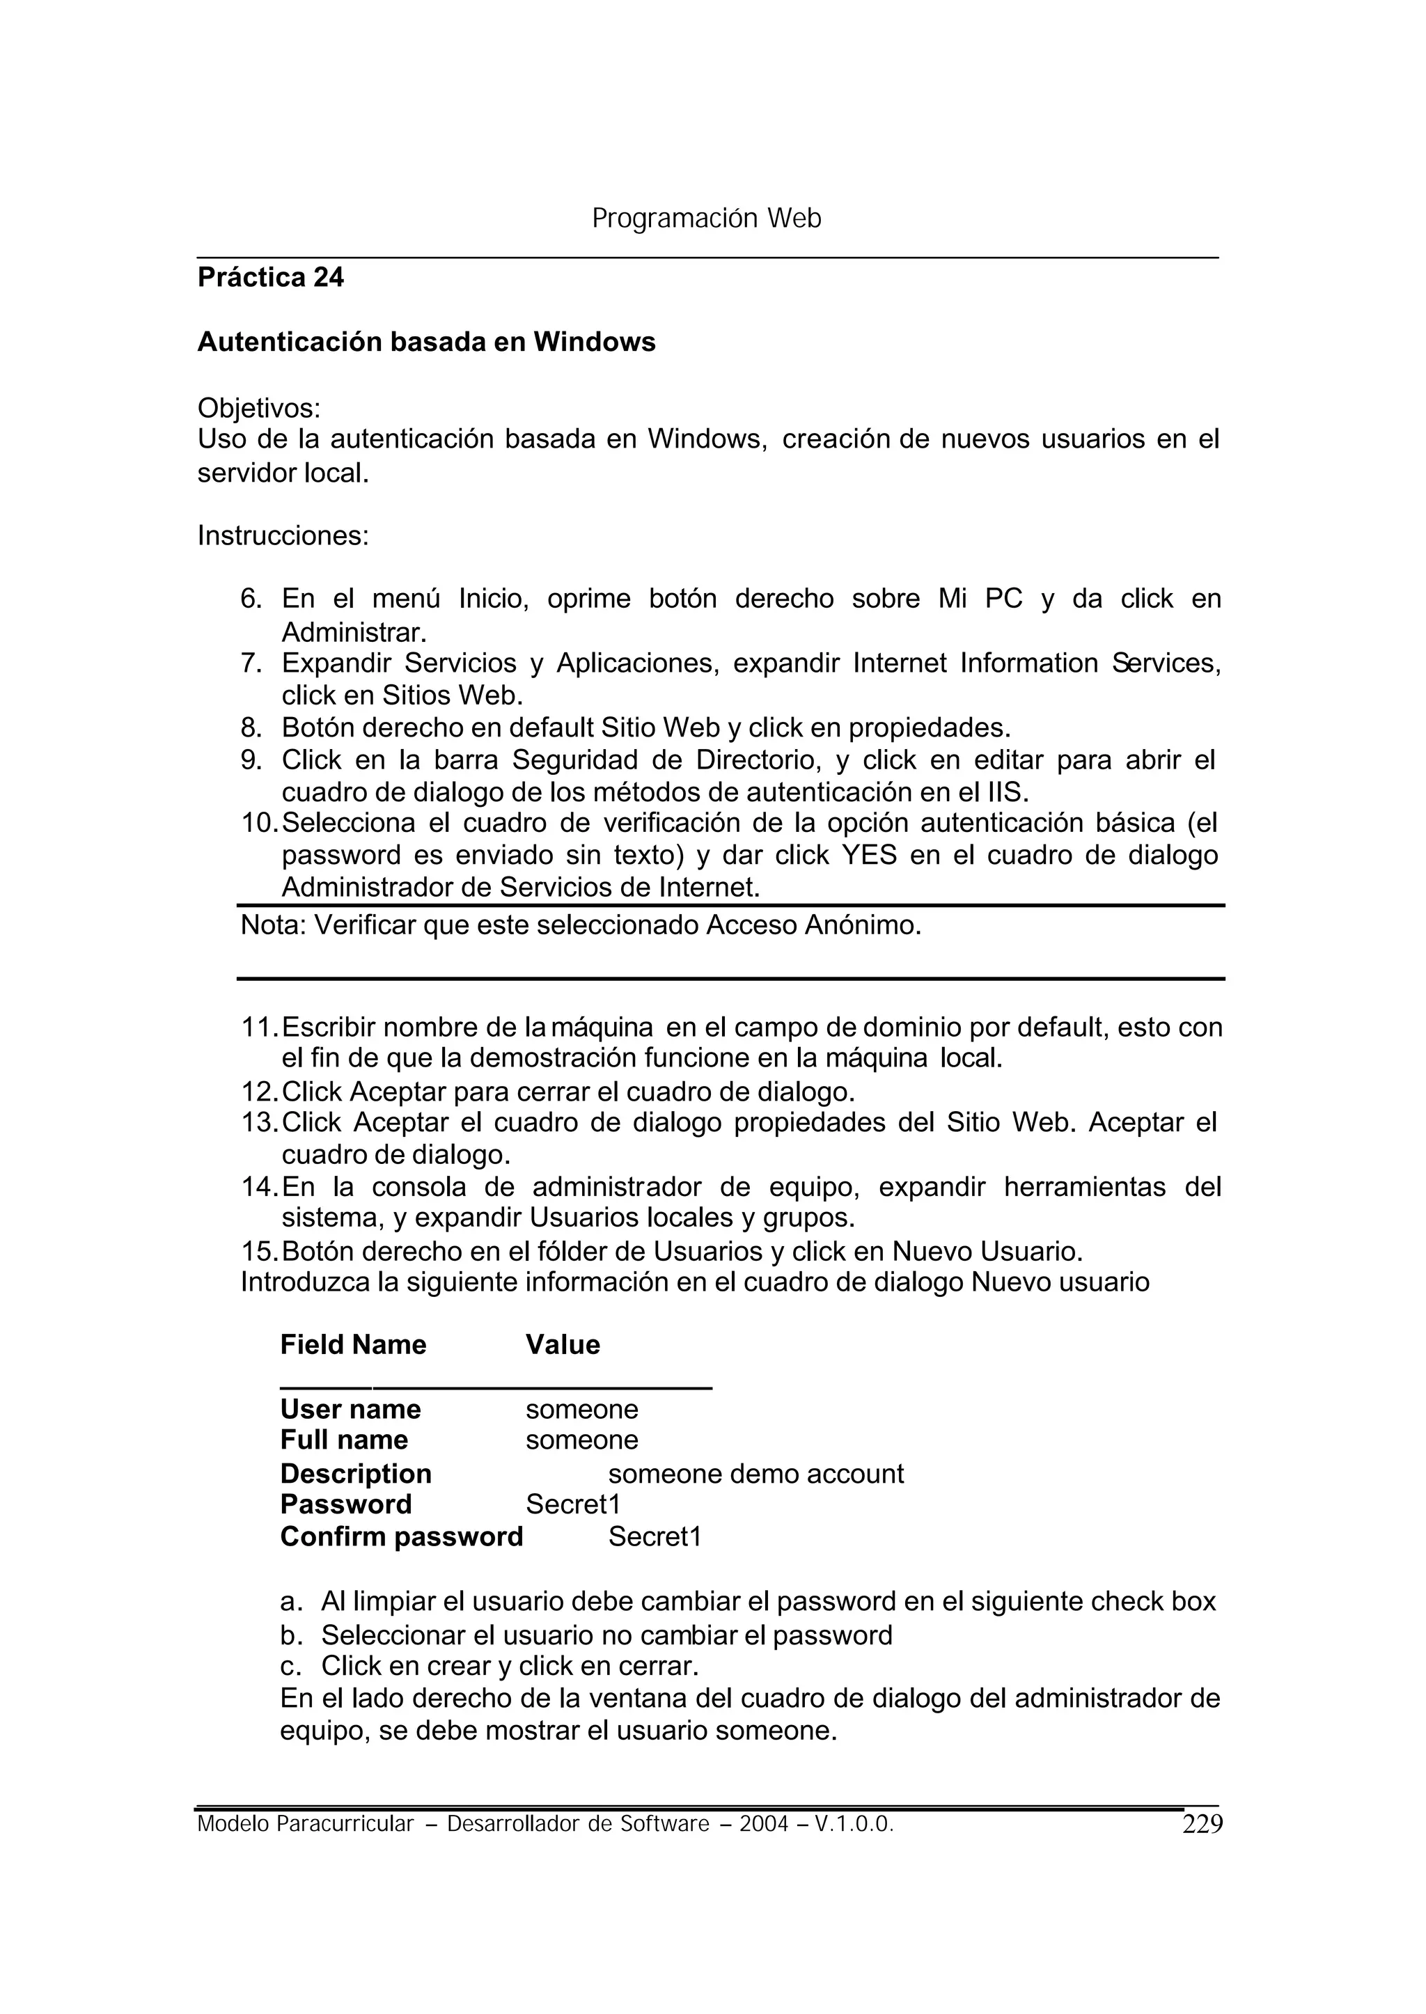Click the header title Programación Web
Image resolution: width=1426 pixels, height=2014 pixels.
coord(706,219)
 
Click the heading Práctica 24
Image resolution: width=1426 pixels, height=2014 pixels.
coord(270,278)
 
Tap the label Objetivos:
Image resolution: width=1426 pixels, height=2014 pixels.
coord(259,408)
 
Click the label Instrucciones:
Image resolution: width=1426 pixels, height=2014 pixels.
coord(283,535)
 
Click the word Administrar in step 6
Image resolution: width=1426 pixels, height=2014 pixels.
coord(353,632)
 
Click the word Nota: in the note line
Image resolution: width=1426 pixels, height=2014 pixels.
coord(272,925)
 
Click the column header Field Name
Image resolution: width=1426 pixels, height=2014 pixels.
coord(353,1345)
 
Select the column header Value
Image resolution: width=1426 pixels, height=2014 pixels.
coord(563,1345)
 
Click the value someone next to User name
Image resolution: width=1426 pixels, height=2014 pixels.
coord(581,1410)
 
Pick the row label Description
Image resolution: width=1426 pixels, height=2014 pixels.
coord(356,1474)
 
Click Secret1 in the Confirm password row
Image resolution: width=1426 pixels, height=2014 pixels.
coord(655,1537)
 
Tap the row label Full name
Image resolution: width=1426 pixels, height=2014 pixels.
coord(344,1440)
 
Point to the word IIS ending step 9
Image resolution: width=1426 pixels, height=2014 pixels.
coord(1006,793)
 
